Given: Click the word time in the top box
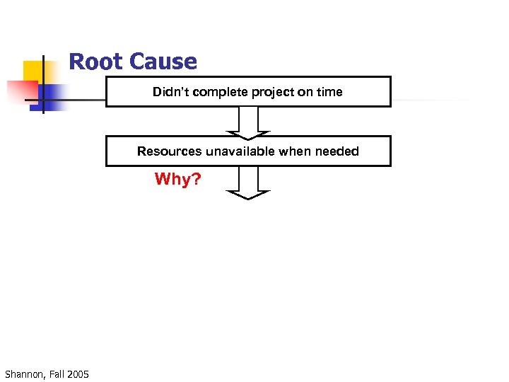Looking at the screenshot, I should (329, 92).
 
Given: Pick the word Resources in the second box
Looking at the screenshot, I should (169, 151).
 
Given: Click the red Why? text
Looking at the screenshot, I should (177, 180).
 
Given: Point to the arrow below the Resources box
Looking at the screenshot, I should (247, 183).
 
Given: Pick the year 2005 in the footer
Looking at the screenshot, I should (78, 374).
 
